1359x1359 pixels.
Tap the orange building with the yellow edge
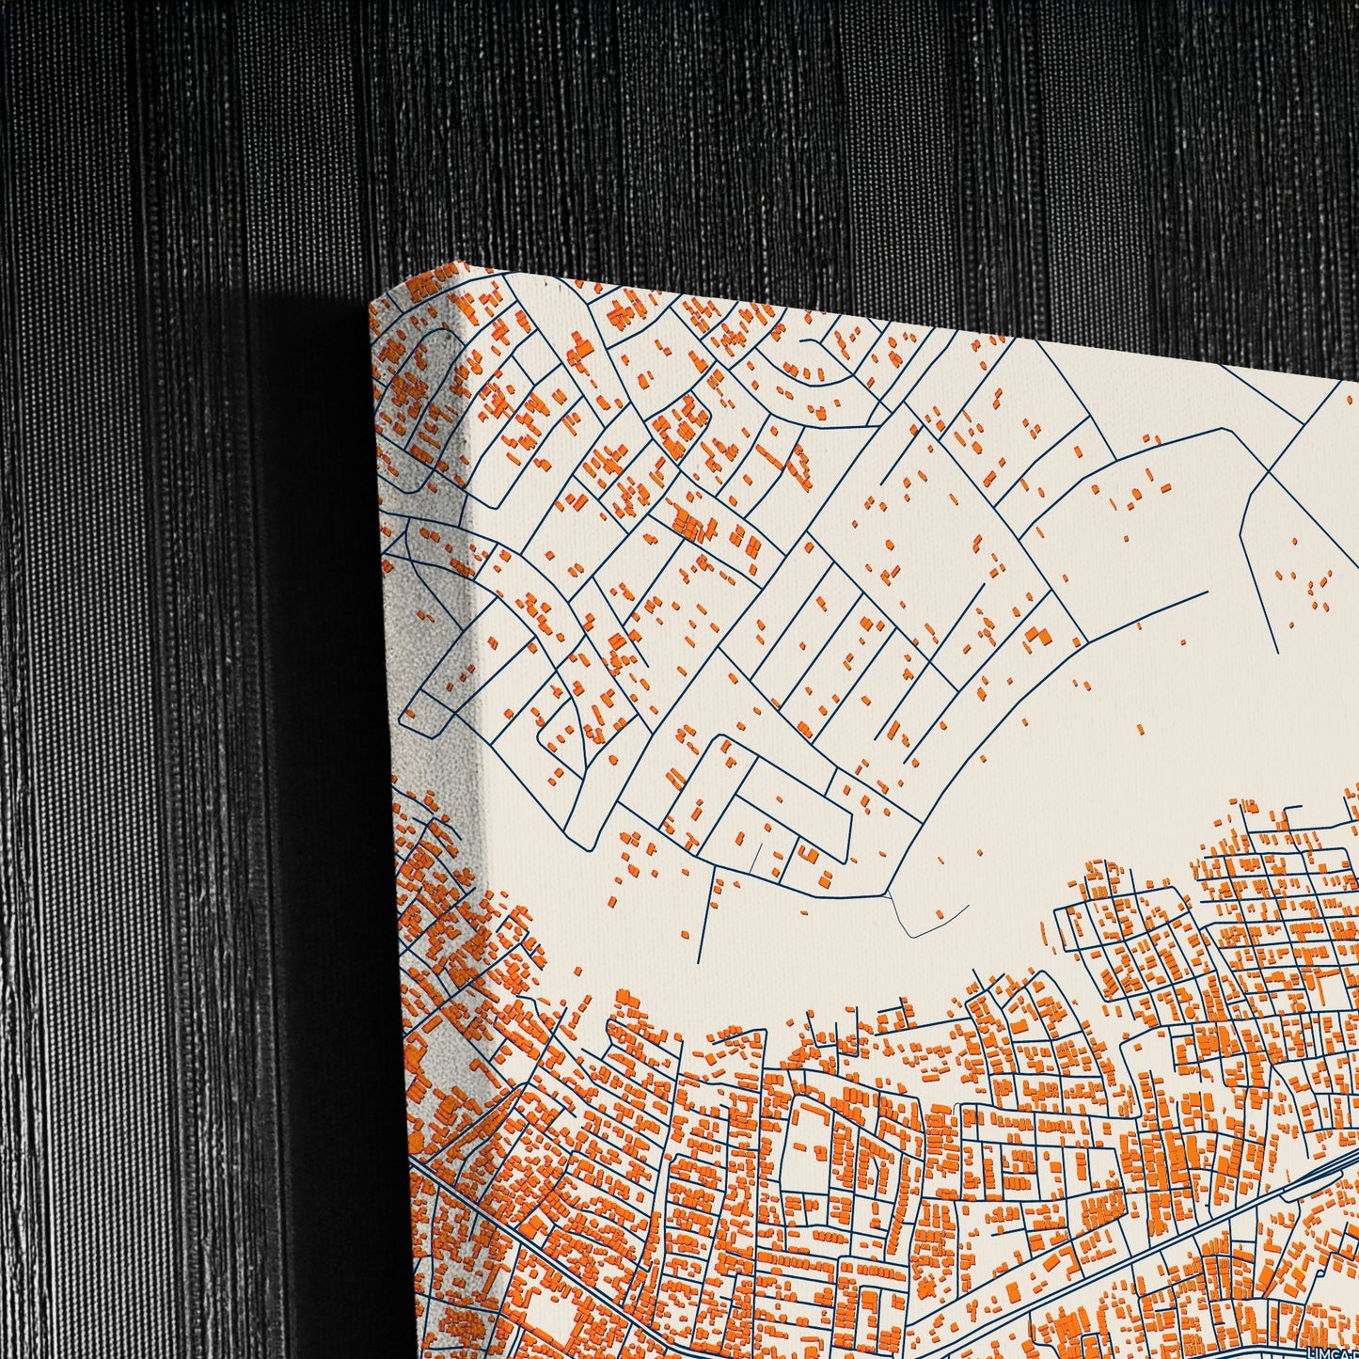[1298, 1273]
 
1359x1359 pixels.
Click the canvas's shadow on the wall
[282, 658]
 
